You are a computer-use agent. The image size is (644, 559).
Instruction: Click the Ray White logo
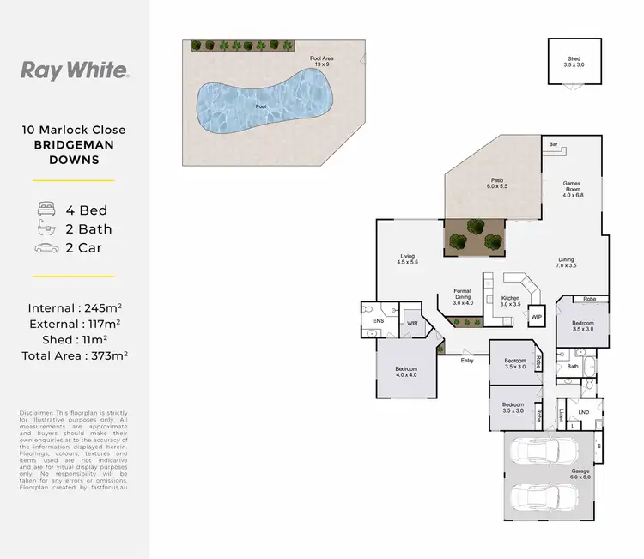point(74,70)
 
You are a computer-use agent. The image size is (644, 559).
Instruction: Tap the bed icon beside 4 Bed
point(46,209)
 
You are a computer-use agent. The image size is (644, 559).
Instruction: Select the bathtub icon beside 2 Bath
point(46,228)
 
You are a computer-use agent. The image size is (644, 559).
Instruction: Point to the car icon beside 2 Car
point(46,248)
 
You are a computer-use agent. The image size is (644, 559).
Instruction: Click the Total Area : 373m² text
point(74,355)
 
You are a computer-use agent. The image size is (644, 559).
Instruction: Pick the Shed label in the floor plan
point(573,61)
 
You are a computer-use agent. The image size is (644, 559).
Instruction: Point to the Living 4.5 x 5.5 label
point(408,258)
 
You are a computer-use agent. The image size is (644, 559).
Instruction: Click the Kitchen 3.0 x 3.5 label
point(510,301)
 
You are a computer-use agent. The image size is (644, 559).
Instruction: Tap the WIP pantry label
point(537,317)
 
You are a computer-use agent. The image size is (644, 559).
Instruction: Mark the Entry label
point(467,360)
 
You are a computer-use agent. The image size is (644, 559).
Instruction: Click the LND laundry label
point(583,413)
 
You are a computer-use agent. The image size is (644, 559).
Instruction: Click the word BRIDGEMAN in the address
point(74,146)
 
